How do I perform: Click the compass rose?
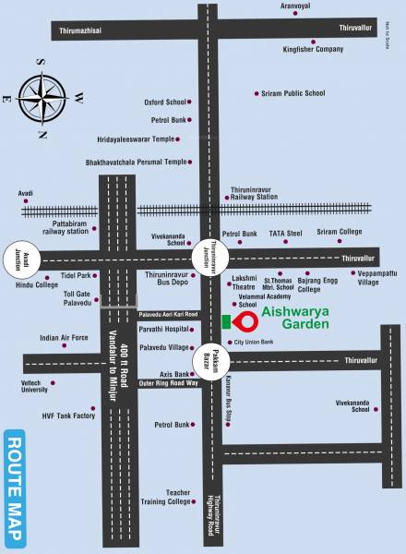click(x=43, y=96)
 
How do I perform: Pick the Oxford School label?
click(x=165, y=102)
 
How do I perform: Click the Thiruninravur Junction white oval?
click(x=205, y=254)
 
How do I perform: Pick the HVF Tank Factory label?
click(x=68, y=415)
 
